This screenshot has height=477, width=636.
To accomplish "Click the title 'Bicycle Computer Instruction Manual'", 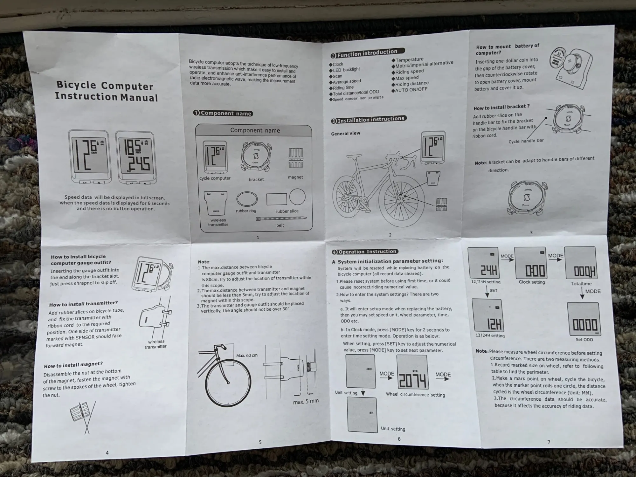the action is click(107, 91).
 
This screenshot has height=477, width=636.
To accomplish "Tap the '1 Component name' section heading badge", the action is click(223, 113).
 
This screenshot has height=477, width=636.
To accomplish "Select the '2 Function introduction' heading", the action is click(368, 53).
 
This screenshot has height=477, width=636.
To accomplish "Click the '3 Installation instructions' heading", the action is click(369, 120).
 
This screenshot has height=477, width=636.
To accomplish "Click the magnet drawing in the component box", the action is click(295, 158).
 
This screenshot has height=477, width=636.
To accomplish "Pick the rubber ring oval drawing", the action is click(247, 199).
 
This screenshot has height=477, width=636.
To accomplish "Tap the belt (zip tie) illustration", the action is click(281, 218).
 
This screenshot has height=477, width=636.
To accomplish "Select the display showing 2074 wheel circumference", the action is click(412, 372).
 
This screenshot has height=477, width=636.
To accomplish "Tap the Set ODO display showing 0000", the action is click(584, 319).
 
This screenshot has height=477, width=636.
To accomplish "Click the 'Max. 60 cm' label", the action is click(247, 355).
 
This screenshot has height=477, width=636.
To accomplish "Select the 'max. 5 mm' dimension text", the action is click(306, 401).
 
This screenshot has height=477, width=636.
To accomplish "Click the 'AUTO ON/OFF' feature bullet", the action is click(411, 90).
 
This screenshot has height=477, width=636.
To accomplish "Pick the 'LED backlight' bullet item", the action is click(346, 70).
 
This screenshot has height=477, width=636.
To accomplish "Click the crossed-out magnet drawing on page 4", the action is click(82, 413).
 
